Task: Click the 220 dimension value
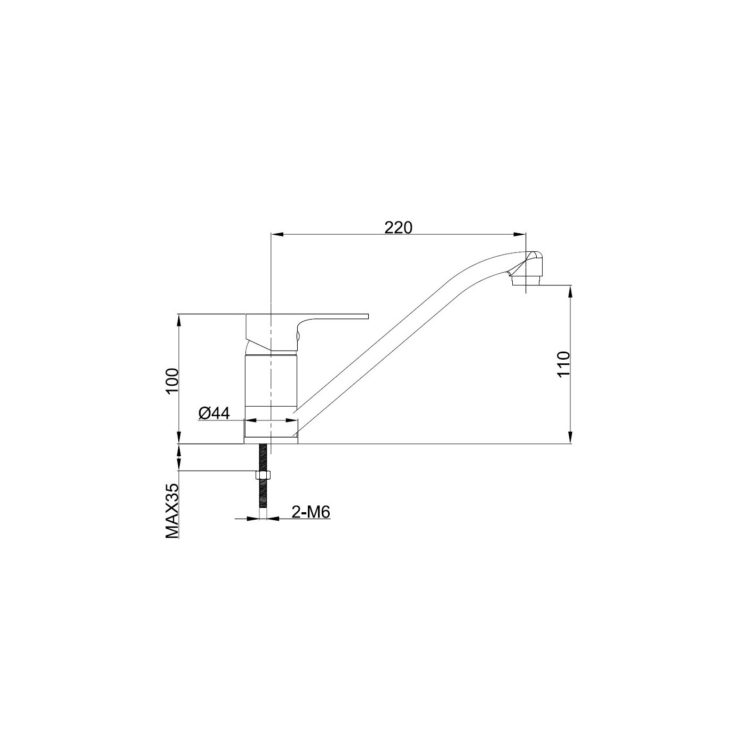(399, 227)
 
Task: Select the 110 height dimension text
(563, 364)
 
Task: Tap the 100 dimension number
(171, 381)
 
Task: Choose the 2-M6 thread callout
(311, 512)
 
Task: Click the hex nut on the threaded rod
(263, 475)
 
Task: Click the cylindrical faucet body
(271, 382)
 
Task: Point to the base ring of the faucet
(271, 431)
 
